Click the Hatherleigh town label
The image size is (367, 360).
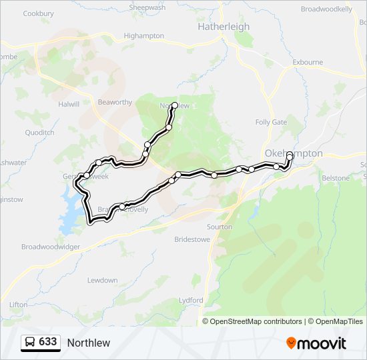[224, 27]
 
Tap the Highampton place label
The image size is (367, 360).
[143, 35]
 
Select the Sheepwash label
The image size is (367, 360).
[147, 7]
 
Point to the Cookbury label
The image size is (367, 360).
[38, 13]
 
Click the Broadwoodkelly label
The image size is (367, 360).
[326, 9]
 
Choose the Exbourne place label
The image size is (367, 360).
[308, 63]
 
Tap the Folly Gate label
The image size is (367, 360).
[271, 122]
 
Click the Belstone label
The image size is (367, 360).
[335, 178]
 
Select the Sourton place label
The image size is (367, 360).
[220, 227]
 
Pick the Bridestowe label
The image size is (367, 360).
[192, 239]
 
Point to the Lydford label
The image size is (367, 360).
[191, 300]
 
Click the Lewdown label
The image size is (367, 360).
[102, 280]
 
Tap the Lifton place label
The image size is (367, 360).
[18, 305]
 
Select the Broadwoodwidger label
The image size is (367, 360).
[51, 247]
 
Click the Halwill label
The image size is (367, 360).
[68, 105]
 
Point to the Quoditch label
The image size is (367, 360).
[39, 133]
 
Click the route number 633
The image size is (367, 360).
[48, 342]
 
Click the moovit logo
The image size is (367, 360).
[316, 343]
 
